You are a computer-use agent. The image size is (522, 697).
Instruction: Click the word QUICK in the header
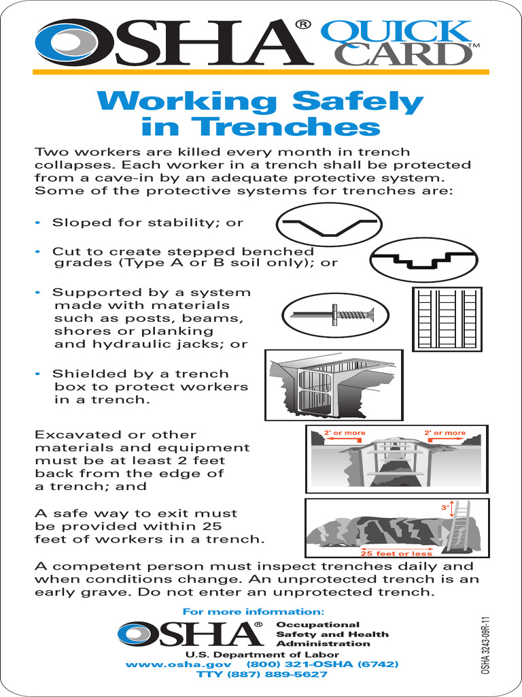[396, 32]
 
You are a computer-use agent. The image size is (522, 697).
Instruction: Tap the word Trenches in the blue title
[260, 127]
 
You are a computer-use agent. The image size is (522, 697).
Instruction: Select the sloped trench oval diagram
[329, 225]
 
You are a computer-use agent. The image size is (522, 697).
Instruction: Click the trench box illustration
[333, 385]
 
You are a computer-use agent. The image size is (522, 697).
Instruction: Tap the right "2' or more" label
[445, 433]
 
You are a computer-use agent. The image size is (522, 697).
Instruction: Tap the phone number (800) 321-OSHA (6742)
[322, 664]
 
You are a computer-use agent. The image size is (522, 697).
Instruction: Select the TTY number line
[262, 675]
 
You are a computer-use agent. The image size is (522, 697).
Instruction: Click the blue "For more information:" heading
[254, 611]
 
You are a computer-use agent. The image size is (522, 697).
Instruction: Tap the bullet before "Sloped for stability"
[38, 223]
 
